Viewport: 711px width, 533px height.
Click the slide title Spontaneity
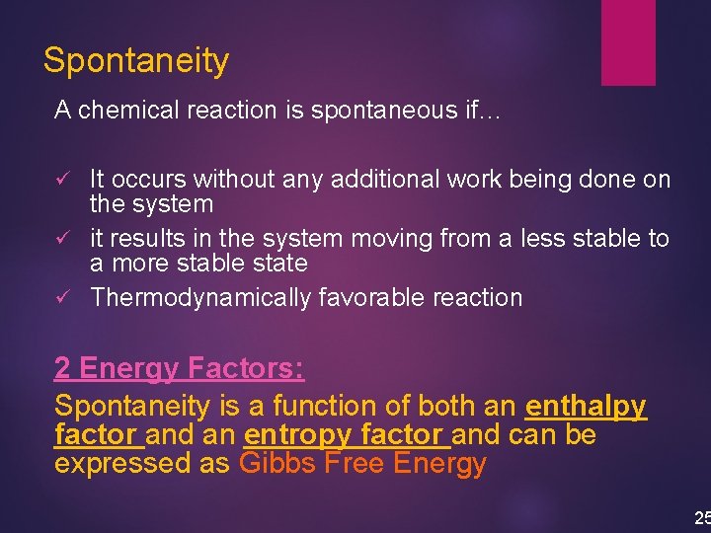click(x=136, y=61)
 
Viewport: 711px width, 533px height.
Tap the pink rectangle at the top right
click(x=628, y=40)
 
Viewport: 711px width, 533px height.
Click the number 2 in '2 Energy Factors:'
click(x=62, y=369)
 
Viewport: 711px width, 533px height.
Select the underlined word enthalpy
click(x=586, y=406)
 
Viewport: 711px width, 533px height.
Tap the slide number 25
click(x=701, y=518)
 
